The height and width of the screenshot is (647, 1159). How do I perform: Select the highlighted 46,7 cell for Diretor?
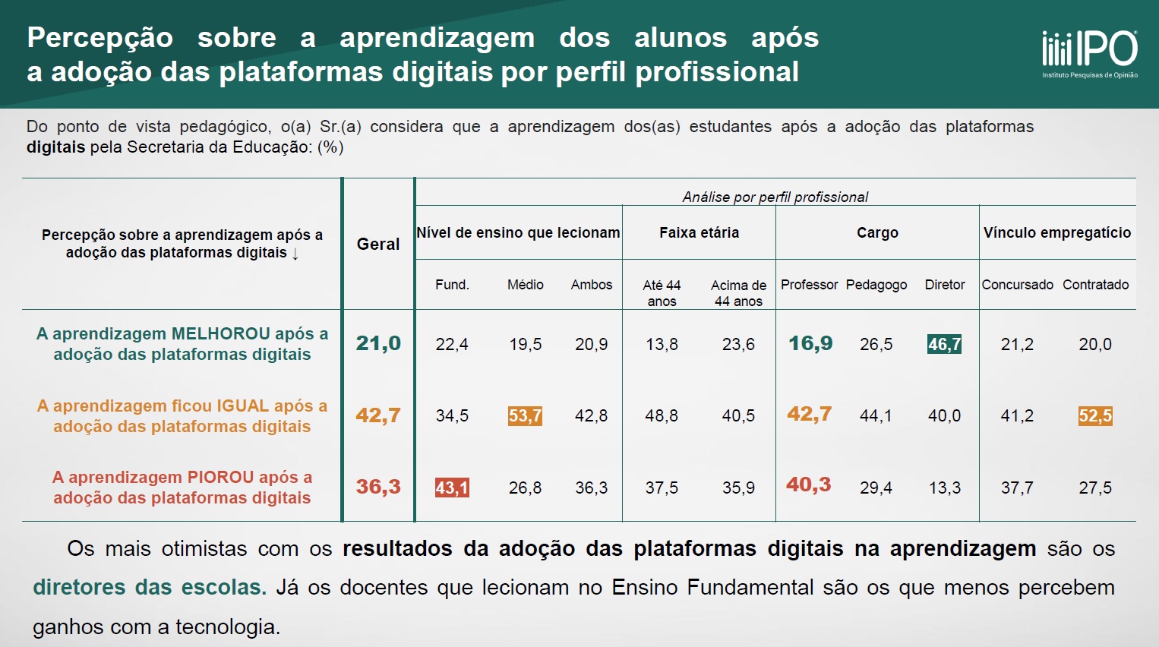[944, 344]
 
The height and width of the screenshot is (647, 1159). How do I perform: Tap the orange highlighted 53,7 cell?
[525, 415]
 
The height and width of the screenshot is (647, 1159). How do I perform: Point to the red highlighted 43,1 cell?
[452, 488]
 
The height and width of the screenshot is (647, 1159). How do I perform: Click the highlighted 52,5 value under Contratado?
[1095, 415]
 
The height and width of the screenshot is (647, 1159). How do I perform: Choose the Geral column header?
[378, 244]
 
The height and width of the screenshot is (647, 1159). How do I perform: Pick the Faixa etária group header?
[699, 232]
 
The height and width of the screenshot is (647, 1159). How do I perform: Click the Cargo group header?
[877, 232]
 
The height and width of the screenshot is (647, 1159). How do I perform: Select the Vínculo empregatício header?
[1057, 232]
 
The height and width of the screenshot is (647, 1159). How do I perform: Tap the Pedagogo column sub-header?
[876, 285]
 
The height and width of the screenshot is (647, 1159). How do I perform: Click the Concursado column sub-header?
[1017, 285]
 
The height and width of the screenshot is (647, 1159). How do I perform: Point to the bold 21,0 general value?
[378, 343]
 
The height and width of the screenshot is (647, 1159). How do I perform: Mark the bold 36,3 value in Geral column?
[378, 487]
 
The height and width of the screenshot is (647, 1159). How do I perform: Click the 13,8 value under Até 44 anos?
[662, 344]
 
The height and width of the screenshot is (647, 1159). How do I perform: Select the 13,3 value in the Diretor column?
[944, 488]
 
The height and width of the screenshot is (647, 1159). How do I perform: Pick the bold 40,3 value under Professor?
[809, 485]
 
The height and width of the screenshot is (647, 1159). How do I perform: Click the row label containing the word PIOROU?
[182, 488]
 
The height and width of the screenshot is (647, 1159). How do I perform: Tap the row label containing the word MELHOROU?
[182, 344]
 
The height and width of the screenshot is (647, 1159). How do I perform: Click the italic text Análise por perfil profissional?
[775, 197]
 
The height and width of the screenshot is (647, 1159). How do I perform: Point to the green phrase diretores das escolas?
[150, 588]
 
